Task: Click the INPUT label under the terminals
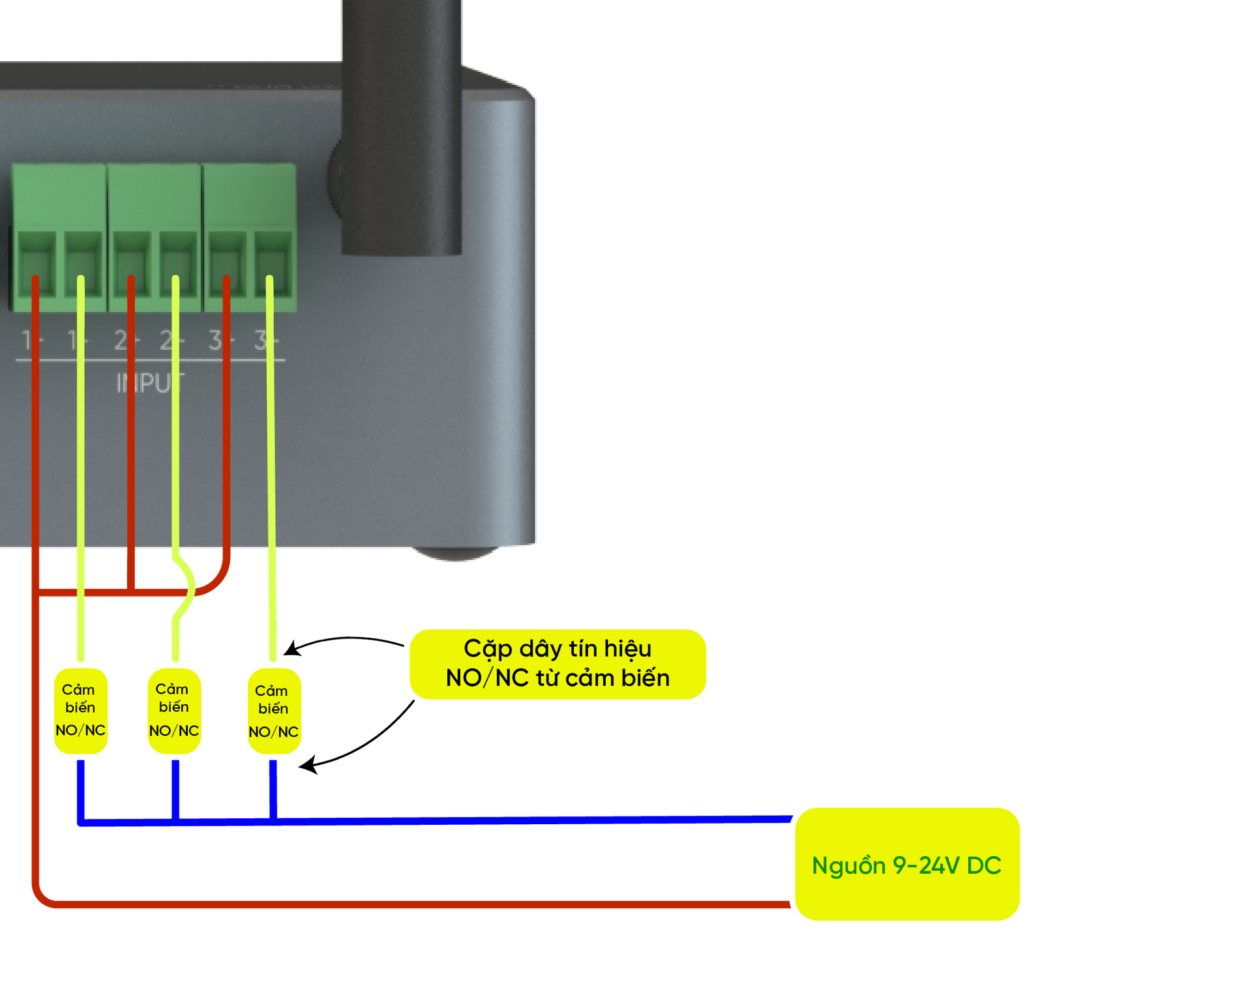tap(150, 383)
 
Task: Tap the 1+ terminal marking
tap(77, 340)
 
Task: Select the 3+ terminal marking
tap(266, 340)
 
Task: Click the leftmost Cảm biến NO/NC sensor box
tap(81, 710)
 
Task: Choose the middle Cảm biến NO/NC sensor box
tap(174, 710)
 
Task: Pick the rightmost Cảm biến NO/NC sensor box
tap(274, 711)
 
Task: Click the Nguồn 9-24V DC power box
tap(907, 865)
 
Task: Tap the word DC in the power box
tap(983, 865)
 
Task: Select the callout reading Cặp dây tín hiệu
tap(558, 664)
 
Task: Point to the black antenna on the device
tap(402, 130)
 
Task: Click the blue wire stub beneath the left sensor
tap(81, 789)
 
